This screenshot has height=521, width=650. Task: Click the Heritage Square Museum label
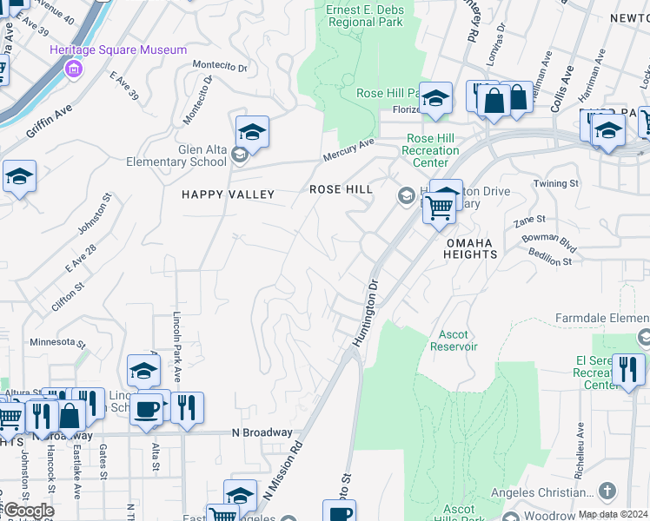(x=130, y=50)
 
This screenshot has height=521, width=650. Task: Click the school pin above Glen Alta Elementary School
(x=251, y=133)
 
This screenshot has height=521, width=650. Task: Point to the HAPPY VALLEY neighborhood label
(x=228, y=195)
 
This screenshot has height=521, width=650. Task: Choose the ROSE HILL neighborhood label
(x=342, y=189)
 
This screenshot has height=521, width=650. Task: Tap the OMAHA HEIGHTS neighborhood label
(x=472, y=248)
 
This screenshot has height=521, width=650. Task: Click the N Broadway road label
(x=262, y=432)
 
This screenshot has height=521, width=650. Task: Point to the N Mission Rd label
(x=283, y=473)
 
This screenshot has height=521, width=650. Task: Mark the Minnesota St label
(x=57, y=341)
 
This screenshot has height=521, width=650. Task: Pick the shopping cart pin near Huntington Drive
(x=440, y=208)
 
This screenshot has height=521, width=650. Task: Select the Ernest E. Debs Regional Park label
(x=364, y=16)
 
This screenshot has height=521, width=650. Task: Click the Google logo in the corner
(x=28, y=511)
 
